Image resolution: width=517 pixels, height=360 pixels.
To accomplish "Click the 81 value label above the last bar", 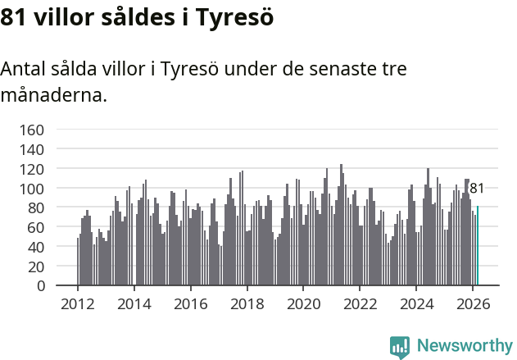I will point(476,189).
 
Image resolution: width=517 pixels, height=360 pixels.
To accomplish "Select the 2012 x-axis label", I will point(78,303).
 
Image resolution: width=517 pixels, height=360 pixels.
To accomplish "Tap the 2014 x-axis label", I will point(134,303).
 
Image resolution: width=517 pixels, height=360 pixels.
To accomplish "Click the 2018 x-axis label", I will point(247,303).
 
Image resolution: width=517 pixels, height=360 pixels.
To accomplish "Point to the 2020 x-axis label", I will point(303,303).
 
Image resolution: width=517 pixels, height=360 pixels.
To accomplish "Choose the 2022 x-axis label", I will point(360,303).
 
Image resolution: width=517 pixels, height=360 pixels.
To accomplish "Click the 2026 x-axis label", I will point(472,303).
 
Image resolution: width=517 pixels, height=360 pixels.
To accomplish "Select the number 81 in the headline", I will point(15,16).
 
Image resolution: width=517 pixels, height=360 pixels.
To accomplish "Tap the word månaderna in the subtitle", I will point(53,95).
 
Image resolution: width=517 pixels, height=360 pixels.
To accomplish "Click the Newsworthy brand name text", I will point(464,346).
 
